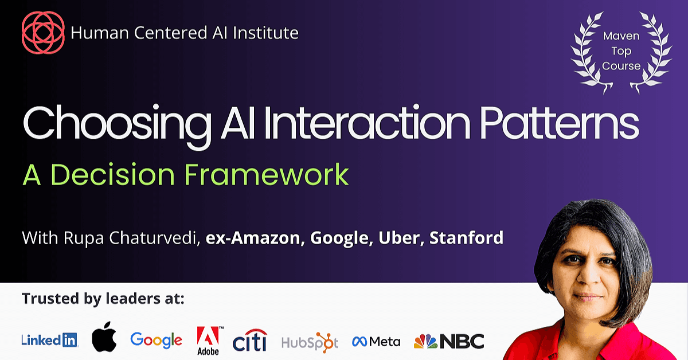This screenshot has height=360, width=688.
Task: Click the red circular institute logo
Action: click(x=43, y=32)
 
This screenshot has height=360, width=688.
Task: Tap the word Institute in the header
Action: click(x=265, y=33)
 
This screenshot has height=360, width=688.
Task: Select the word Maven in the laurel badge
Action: click(x=621, y=36)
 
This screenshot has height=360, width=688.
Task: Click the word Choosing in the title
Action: click(x=117, y=126)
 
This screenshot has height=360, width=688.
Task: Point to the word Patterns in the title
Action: click(x=560, y=122)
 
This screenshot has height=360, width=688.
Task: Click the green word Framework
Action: click(x=267, y=174)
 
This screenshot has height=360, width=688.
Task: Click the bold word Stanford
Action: click(x=467, y=238)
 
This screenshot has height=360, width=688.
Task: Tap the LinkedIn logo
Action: click(x=49, y=341)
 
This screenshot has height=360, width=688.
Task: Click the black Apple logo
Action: click(x=104, y=336)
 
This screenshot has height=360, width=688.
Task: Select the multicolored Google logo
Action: click(x=156, y=341)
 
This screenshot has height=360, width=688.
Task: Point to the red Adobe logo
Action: click(x=208, y=341)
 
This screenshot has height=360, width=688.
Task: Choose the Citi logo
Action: click(x=249, y=340)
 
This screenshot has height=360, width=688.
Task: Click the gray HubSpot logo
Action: click(x=310, y=342)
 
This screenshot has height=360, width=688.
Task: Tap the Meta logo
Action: click(x=376, y=342)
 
